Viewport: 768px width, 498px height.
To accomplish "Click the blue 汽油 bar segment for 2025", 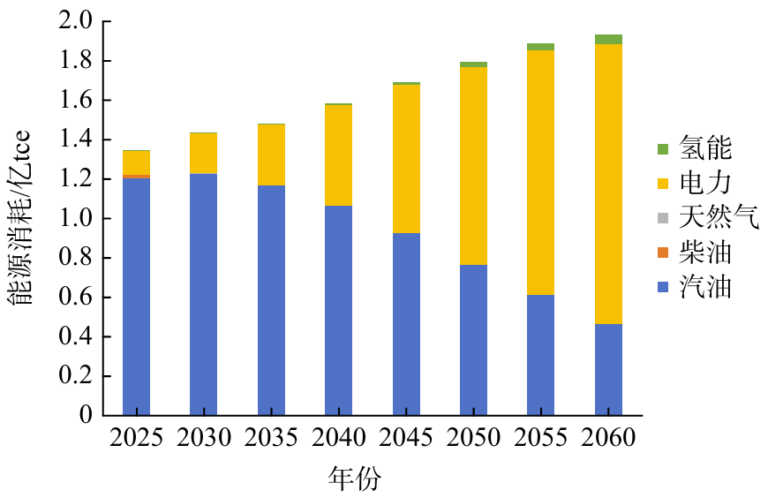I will tap(136, 296).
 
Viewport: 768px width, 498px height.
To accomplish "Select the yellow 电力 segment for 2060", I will tap(608, 184).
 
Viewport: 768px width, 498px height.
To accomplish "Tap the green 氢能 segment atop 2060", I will tap(608, 39).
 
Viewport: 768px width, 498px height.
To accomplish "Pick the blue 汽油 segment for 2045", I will tap(406, 324).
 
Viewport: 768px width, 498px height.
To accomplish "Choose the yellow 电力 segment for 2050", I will tap(473, 165).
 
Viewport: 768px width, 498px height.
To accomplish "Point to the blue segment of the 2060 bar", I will tap(608, 369).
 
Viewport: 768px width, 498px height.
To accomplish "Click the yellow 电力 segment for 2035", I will tap(271, 155).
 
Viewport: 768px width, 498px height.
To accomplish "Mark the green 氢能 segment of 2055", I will tap(541, 47).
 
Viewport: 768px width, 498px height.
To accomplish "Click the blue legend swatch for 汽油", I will tap(663, 288).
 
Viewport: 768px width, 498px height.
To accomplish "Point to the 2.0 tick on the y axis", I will tap(74, 22).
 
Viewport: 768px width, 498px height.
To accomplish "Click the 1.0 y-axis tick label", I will tap(74, 219).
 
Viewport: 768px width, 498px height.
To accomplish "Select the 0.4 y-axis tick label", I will tap(74, 337).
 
